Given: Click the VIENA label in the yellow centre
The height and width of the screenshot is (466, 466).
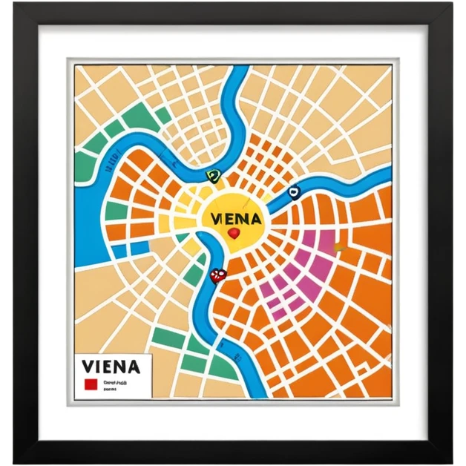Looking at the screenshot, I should click(x=236, y=219).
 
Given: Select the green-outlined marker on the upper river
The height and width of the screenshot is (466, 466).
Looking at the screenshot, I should click(x=213, y=176).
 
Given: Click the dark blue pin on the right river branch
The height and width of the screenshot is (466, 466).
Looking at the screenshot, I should click(x=295, y=192).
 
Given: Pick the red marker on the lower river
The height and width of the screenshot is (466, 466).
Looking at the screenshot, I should click(x=217, y=275).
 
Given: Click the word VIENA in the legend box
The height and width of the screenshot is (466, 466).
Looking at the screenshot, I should click(x=111, y=367).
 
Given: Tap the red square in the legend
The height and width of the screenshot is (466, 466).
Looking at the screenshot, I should click(x=91, y=384).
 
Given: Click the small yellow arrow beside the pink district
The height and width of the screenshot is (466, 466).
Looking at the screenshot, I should click(x=339, y=247).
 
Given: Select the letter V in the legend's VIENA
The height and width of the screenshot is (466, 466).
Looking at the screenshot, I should click(x=89, y=367).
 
